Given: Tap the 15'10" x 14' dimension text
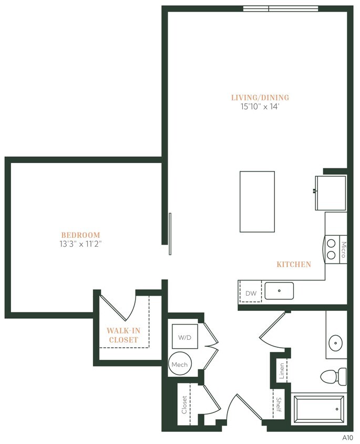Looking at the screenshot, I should point(260,106).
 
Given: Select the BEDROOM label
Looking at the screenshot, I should point(80,235).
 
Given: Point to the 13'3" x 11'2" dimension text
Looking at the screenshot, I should point(80,244).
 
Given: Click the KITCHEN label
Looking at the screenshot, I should point(294,265).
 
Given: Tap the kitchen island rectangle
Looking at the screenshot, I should point(257,201).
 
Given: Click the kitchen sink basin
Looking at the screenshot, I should point(279,290).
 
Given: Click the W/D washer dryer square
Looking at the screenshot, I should point(184,337).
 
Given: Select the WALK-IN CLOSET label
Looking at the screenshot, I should point(122,335).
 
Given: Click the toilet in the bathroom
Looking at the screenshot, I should point(333,376).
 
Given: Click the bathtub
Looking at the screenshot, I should point(318,409).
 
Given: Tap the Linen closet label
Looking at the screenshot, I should point(282,371).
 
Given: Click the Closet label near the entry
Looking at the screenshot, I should point(184,404).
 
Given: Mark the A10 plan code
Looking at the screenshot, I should point(347,437).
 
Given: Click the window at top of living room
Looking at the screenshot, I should point(280,8).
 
